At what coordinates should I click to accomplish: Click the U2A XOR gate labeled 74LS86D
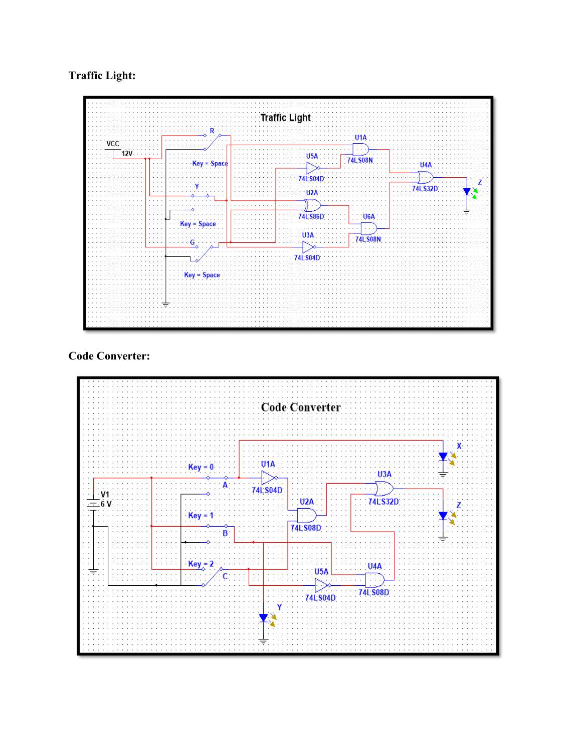(x=312, y=205)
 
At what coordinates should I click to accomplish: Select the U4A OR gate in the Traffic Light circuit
(x=426, y=177)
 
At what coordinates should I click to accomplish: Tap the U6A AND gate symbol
(x=369, y=229)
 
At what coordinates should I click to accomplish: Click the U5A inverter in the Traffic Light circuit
(x=313, y=168)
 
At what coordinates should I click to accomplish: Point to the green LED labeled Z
(x=467, y=192)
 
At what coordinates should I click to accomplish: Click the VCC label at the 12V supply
(x=113, y=144)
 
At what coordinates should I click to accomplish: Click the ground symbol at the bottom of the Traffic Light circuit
(x=166, y=303)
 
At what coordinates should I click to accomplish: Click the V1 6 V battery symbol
(x=94, y=504)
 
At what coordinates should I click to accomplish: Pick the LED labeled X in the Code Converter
(x=443, y=457)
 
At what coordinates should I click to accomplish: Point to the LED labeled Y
(x=264, y=618)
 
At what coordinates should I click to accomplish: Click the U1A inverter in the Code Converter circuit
(x=268, y=478)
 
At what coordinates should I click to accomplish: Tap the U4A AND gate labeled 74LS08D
(x=374, y=580)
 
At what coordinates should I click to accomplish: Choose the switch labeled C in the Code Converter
(x=213, y=577)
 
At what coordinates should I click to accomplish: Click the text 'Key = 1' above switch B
(x=201, y=515)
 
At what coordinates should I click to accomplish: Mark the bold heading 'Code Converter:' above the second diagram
(x=109, y=356)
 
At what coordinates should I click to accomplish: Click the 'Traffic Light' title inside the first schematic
(x=285, y=118)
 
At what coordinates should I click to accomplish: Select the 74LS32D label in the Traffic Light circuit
(x=425, y=189)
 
